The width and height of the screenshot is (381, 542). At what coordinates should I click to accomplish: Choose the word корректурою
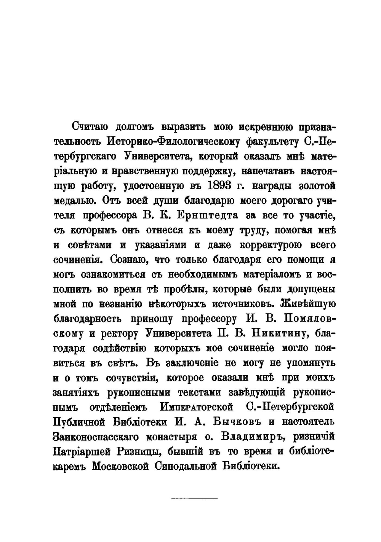[x=267, y=245]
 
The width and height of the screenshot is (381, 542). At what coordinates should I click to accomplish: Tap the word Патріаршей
[x=86, y=451]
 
